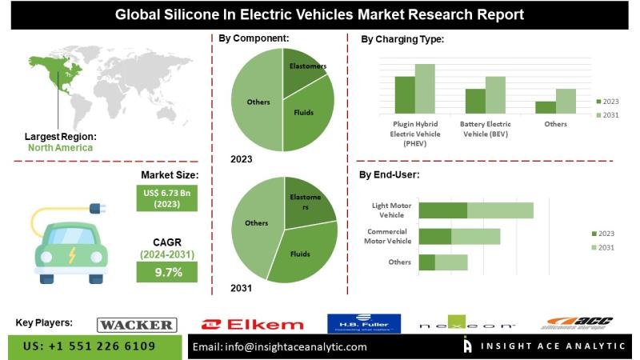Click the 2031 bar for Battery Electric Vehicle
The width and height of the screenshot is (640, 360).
pyautogui.click(x=495, y=94)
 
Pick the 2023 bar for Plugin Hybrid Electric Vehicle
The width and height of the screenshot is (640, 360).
pyautogui.click(x=405, y=94)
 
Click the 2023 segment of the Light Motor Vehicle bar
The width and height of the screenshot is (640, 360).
pyautogui.click(x=443, y=210)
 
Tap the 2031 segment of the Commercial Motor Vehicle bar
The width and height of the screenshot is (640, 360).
pyautogui.click(x=475, y=236)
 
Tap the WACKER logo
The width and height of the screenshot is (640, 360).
pyautogui.click(x=136, y=324)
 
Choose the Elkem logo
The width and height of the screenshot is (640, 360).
pyautogui.click(x=252, y=324)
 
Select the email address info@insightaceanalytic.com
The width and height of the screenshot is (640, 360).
pyautogui.click(x=280, y=347)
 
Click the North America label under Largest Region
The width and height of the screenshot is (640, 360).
pyautogui.click(x=60, y=147)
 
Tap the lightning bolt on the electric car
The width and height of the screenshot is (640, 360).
pyautogui.click(x=72, y=255)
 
